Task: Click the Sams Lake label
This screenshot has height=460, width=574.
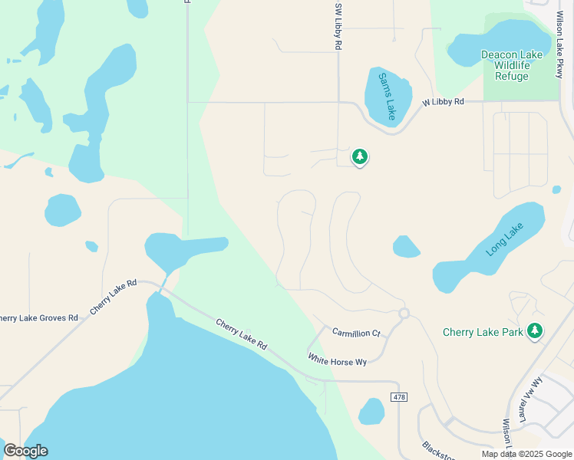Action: pyautogui.click(x=386, y=95)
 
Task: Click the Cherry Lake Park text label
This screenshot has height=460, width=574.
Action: pyautogui.click(x=483, y=332)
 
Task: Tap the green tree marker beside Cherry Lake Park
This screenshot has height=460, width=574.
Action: pyautogui.click(x=535, y=331)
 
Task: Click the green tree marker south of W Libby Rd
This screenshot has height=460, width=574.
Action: pyautogui.click(x=359, y=156)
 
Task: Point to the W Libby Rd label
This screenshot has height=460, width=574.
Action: pyautogui.click(x=444, y=101)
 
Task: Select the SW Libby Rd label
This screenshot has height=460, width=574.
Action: pyautogui.click(x=338, y=26)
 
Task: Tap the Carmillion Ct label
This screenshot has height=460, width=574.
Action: pyautogui.click(x=356, y=333)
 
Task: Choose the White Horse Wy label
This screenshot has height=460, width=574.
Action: pyautogui.click(x=338, y=360)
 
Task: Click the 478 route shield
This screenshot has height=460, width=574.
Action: pyautogui.click(x=398, y=396)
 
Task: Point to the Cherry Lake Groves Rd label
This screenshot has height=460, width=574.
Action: pyautogui.click(x=38, y=317)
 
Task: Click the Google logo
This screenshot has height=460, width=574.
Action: pyautogui.click(x=25, y=450)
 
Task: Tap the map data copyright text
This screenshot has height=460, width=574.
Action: pyautogui.click(x=526, y=454)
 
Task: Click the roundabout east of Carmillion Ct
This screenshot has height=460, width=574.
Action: pyautogui.click(x=404, y=313)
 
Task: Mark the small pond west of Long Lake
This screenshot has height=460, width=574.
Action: pyautogui.click(x=406, y=247)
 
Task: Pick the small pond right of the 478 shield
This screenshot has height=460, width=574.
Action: pyautogui.click(x=372, y=412)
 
